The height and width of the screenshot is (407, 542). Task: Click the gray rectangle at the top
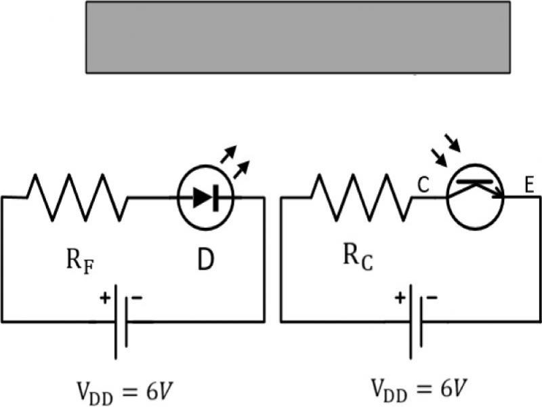tap(297, 37)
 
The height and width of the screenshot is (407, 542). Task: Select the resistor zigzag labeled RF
tap(77, 197)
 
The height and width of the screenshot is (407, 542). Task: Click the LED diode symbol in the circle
tap(205, 197)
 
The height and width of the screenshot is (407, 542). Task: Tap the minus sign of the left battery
tap(137, 298)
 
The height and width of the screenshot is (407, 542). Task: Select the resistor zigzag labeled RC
tap(360, 197)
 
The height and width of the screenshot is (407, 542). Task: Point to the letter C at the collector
tap(423, 185)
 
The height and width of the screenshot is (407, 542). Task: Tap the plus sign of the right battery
tap(400, 297)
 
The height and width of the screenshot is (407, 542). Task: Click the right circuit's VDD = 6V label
tap(417, 389)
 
